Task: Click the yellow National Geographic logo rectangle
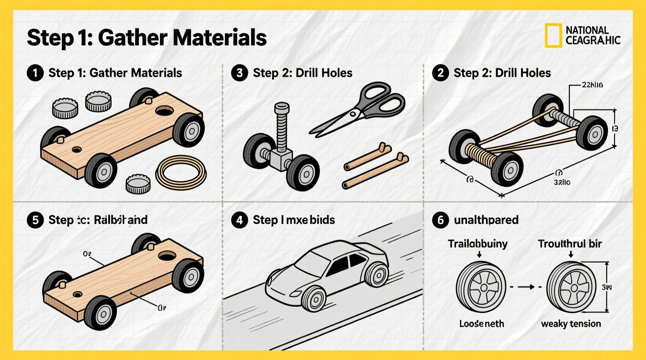553,35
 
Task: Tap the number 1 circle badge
35,73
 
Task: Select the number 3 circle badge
239,73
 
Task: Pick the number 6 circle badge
440,220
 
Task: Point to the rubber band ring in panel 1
181,173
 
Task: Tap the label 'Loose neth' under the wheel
481,324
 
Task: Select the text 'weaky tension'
571,324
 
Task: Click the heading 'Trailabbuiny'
478,244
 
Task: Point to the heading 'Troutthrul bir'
570,244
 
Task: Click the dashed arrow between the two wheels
526,287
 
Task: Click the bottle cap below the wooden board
138,183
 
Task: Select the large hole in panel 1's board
164,111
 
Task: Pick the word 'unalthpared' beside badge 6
486,220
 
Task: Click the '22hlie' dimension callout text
592,85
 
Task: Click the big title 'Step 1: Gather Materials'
146,38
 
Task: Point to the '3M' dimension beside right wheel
606,287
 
